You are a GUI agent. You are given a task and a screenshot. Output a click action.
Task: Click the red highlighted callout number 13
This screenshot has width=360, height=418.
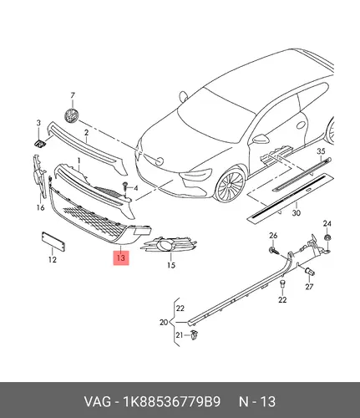(x=121, y=257)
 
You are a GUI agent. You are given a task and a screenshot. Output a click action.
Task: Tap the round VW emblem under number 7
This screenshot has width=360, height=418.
(x=71, y=115)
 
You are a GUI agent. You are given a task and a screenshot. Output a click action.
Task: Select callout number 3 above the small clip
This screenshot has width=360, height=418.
(x=38, y=123)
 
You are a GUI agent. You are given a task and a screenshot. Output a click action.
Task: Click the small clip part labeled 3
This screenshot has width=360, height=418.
(x=40, y=144)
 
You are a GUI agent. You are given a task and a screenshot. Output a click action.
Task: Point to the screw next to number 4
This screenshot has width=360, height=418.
(x=125, y=187)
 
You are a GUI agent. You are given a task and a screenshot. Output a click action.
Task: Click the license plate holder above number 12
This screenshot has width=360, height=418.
(x=53, y=241)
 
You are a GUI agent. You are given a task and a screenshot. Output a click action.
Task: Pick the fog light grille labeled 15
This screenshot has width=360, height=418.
(x=169, y=245)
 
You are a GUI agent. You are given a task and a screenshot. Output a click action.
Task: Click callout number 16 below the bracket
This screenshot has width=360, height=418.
(x=40, y=207)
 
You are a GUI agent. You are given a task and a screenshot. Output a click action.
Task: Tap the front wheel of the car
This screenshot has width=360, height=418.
(x=230, y=185)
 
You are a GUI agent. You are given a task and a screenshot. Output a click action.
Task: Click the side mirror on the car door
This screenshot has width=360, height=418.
(x=261, y=139)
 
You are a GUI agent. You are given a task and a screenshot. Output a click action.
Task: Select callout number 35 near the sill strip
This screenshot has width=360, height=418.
(x=321, y=151)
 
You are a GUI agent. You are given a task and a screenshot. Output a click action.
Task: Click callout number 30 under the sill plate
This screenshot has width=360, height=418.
(x=297, y=213)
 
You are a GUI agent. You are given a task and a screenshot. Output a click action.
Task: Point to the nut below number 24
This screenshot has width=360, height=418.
(x=327, y=238)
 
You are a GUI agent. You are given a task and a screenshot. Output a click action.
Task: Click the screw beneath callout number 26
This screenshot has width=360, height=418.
(x=274, y=250)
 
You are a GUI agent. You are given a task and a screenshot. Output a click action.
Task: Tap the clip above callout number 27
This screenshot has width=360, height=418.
(x=310, y=271)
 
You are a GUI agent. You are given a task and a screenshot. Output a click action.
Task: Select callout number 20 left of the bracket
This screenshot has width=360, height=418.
(x=164, y=322)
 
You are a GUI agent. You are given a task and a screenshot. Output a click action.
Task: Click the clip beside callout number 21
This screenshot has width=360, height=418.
(x=194, y=334)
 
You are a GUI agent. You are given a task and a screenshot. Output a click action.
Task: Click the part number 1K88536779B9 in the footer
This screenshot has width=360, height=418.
(x=172, y=402)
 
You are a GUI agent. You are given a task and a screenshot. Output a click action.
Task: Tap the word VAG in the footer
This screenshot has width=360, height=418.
(x=98, y=402)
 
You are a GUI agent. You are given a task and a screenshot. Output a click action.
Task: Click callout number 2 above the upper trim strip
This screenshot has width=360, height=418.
(x=86, y=133)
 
